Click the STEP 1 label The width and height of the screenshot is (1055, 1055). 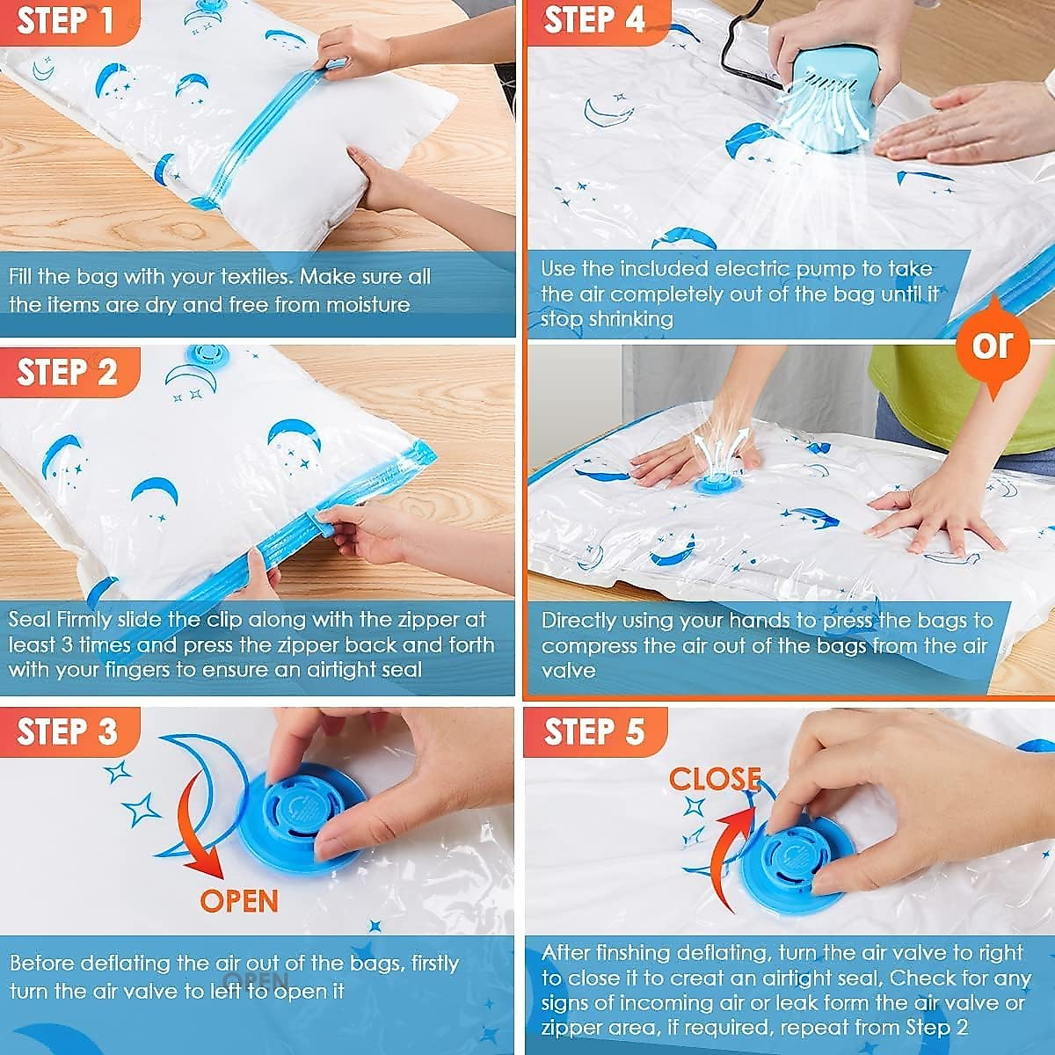[66, 20]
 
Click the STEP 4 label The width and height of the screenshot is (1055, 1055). [594, 20]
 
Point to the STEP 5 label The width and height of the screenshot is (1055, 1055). [594, 731]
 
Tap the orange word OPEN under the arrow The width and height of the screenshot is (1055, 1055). [239, 901]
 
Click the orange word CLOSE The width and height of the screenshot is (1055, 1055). [714, 779]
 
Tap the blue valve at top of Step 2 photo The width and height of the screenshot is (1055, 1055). [207, 354]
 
